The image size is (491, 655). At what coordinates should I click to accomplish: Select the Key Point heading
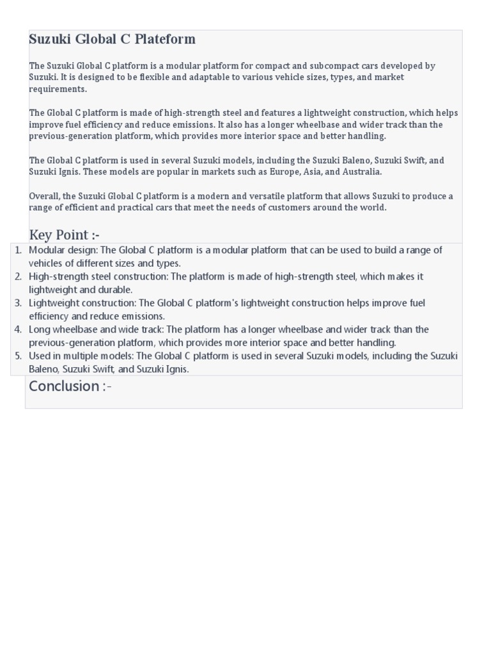(64, 234)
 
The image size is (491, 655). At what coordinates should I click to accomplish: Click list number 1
(19, 250)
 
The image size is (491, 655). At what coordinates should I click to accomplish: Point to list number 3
(19, 303)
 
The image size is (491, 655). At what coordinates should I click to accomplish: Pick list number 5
(19, 356)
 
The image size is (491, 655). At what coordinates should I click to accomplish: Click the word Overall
(44, 196)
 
